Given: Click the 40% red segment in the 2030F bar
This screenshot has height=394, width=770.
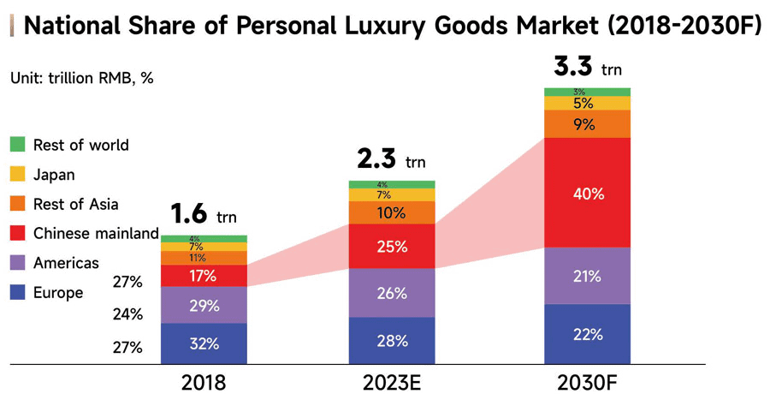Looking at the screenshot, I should point(587,193).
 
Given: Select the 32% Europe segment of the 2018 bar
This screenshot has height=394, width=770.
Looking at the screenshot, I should point(204,344).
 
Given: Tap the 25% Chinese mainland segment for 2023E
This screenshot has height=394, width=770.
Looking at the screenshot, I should point(392,247).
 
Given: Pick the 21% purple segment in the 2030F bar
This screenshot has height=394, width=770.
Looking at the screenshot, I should point(587,276).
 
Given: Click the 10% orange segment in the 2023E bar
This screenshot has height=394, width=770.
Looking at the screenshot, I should point(392,212).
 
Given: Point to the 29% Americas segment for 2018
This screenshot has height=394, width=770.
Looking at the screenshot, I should point(204,305).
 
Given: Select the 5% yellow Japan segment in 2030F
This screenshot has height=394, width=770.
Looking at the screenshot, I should point(587,103).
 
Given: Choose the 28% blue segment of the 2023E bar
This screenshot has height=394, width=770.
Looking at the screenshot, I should point(392,340).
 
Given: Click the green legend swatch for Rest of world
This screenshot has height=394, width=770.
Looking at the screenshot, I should point(18,145).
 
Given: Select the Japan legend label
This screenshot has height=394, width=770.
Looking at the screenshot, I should point(54,175).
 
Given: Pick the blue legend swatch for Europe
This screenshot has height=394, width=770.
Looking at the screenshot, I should point(18,293).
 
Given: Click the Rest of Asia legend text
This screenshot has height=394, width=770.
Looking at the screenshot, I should point(75,204).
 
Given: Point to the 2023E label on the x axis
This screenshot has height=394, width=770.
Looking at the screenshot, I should point(392,382).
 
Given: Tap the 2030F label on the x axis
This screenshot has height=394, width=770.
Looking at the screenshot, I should point(587,382).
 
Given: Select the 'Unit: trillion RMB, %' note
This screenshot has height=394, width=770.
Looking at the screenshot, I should point(81,78).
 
